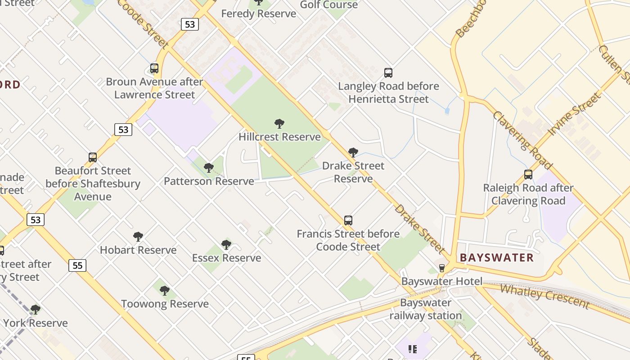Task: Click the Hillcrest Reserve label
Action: (x=279, y=137)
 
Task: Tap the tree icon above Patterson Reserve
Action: (x=208, y=168)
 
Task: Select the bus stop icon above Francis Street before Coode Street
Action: (x=348, y=220)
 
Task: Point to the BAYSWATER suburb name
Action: (x=497, y=258)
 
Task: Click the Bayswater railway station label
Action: (x=425, y=309)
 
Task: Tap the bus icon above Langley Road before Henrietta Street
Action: (x=388, y=73)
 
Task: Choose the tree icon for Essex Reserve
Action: (x=226, y=245)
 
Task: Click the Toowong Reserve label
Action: (x=165, y=304)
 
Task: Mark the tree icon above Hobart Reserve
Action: (x=138, y=237)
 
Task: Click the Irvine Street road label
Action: (x=574, y=114)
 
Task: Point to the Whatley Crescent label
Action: (x=544, y=296)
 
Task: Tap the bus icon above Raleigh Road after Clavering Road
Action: (x=528, y=175)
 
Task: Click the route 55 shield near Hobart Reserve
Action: (x=77, y=265)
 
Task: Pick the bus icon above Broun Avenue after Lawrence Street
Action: (x=154, y=68)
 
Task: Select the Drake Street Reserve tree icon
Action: (x=353, y=153)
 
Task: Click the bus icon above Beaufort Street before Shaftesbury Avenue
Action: (x=93, y=157)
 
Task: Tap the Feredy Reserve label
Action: (x=259, y=13)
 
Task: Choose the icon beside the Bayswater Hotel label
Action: (x=441, y=268)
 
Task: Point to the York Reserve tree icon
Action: (x=35, y=310)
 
